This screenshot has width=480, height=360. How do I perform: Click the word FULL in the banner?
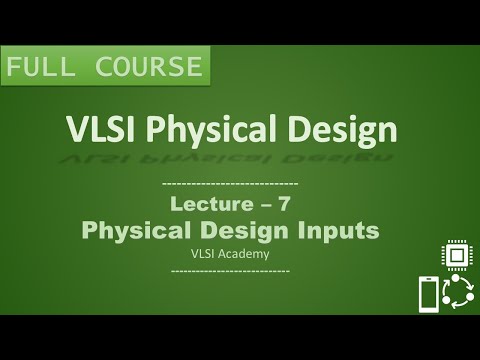41,69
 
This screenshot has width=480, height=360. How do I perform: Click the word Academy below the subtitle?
246,254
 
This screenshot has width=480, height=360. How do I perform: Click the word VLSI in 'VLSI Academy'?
205,254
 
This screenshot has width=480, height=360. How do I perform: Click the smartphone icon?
428,294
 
